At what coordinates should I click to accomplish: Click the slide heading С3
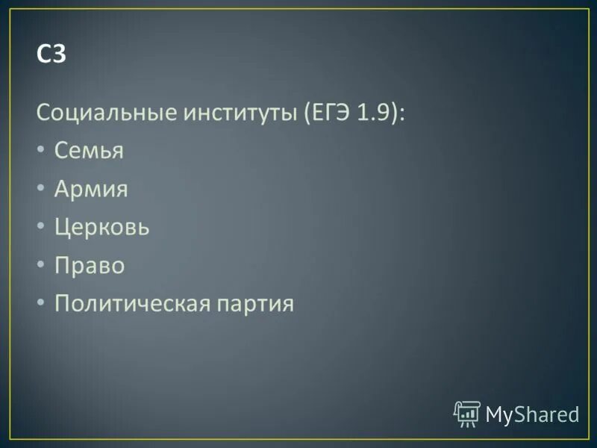click(x=51, y=55)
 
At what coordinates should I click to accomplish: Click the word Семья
click(x=89, y=152)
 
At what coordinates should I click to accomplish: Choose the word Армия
click(x=91, y=190)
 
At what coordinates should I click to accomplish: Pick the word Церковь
click(x=101, y=227)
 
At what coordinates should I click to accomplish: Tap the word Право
click(x=89, y=266)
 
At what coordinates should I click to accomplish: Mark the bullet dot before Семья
click(x=40, y=152)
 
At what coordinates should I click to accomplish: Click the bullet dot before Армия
click(x=40, y=190)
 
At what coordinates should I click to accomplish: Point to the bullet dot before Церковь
click(x=40, y=228)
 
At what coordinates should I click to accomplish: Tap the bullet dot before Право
click(x=40, y=266)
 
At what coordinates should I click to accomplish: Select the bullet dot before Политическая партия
click(x=40, y=304)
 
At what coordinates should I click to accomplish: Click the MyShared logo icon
click(x=467, y=413)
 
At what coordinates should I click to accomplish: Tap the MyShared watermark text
click(x=532, y=414)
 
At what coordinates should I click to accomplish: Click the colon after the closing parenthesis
click(x=403, y=114)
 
